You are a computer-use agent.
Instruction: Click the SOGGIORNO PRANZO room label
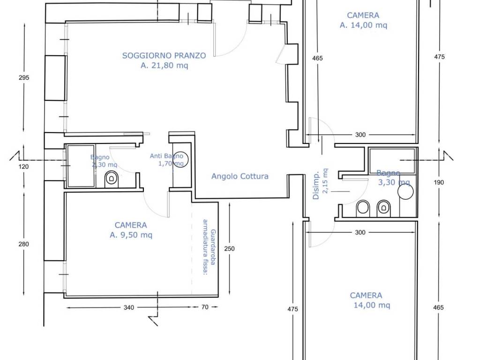(x=164, y=56)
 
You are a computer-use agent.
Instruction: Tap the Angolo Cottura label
(x=240, y=176)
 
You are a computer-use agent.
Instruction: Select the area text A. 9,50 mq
(x=131, y=235)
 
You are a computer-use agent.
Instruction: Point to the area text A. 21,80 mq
(x=165, y=66)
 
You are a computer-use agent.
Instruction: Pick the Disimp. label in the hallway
(x=316, y=185)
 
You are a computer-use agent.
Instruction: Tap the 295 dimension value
(x=24, y=78)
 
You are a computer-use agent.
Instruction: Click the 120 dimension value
(x=23, y=167)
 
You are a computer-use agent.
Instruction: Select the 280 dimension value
(x=23, y=244)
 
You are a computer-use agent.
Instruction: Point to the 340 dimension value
(x=129, y=307)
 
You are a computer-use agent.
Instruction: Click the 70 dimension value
(x=205, y=307)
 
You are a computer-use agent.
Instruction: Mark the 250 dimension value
(x=229, y=249)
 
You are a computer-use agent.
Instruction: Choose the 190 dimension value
(x=439, y=183)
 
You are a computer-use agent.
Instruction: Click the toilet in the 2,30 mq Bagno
(x=112, y=179)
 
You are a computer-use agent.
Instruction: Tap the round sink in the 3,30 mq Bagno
(x=405, y=192)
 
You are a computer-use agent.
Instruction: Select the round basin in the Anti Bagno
(x=180, y=159)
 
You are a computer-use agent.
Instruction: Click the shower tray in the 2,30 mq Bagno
(x=81, y=166)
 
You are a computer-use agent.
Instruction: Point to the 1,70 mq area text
(x=171, y=164)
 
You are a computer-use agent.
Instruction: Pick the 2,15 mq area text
(x=325, y=181)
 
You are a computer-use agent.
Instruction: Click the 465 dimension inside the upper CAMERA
(x=317, y=58)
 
